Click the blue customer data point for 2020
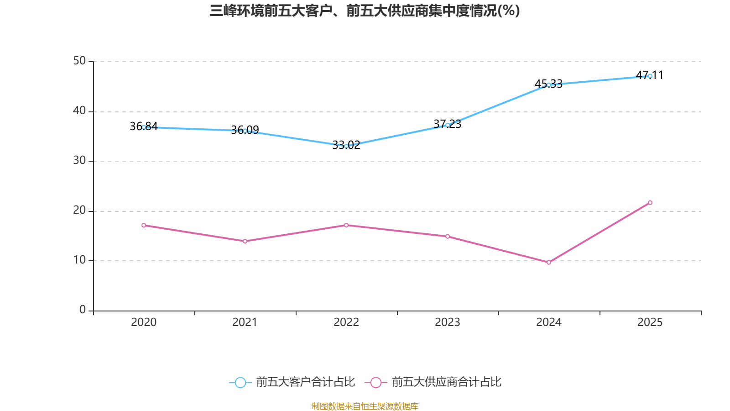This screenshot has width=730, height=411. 144,127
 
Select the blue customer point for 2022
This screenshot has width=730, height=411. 346,146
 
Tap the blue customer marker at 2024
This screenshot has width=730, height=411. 549,84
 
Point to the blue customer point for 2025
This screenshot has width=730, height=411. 650,76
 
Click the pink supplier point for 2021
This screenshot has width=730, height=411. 245,241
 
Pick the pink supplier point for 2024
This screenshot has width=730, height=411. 549,263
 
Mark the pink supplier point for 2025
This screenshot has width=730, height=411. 650,203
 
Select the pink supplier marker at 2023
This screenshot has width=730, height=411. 448,237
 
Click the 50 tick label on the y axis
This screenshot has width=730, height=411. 79,61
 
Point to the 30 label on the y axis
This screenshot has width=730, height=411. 79,160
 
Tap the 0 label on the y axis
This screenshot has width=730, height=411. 83,310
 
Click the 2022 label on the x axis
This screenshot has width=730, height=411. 346,322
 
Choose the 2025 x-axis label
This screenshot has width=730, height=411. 650,322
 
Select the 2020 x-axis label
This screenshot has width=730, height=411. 144,322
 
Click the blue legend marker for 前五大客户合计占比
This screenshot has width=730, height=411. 240,382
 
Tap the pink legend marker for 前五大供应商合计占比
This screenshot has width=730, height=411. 375,382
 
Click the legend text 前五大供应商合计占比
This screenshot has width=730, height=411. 446,382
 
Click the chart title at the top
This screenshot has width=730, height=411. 365,11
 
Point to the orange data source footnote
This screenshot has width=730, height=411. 365,406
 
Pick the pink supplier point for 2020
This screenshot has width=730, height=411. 144,225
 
